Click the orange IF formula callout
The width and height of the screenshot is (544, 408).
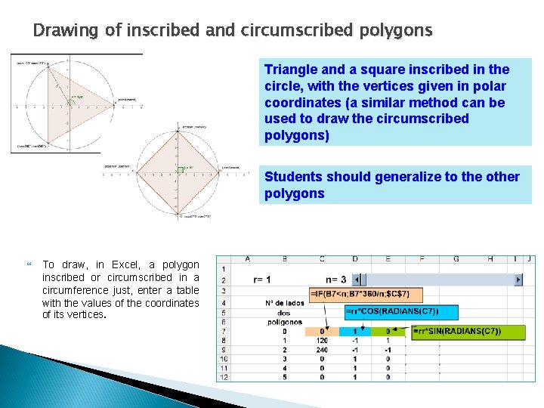(366, 293)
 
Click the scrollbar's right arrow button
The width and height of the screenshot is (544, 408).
(518, 280)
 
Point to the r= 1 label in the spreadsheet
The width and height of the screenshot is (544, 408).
(262, 280)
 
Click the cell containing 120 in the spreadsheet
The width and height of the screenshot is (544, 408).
(322, 341)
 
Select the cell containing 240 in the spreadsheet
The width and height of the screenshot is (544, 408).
(322, 351)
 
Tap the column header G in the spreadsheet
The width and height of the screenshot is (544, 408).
(456, 258)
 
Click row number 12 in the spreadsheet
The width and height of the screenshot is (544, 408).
(223, 377)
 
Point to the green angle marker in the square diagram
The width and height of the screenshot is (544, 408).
(181, 170)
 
